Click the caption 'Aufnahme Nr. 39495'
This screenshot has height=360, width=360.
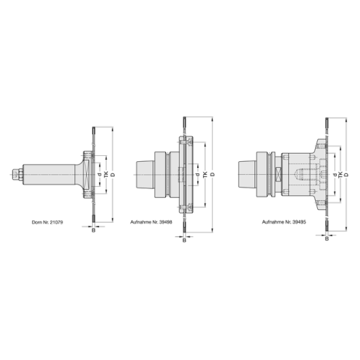click(x=281, y=223)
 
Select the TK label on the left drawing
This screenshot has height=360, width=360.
click(x=106, y=175)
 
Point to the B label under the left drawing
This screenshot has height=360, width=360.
click(x=93, y=229)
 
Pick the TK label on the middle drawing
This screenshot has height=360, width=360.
click(x=205, y=175)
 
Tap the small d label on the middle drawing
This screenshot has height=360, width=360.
click(x=197, y=175)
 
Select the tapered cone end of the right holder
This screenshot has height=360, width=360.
click(x=244, y=175)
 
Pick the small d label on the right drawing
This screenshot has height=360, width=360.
click(x=334, y=175)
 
